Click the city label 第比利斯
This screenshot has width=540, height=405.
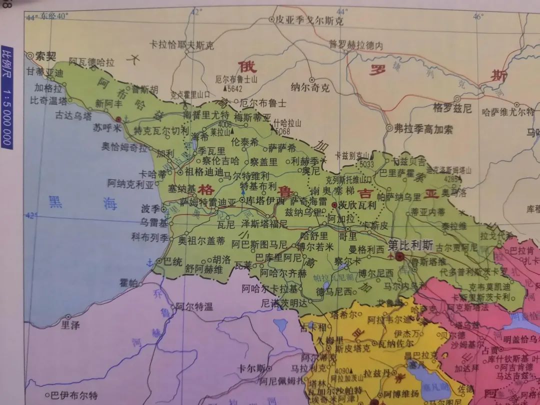410,245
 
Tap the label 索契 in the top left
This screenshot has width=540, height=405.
47,56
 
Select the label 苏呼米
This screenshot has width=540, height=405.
104,127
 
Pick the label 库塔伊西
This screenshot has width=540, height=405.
265,200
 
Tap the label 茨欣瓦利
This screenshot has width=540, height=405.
356,205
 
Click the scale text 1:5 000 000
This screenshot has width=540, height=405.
6,117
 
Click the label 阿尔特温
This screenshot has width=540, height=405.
194,307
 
